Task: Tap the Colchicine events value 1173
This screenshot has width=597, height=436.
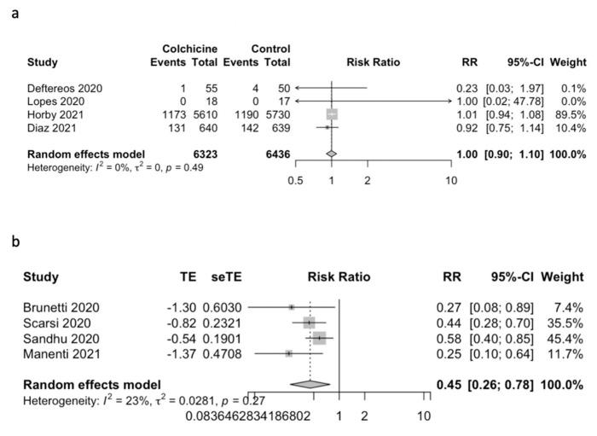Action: (168, 113)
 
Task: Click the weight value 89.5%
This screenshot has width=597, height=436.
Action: (567, 113)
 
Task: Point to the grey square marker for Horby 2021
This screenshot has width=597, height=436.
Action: (332, 113)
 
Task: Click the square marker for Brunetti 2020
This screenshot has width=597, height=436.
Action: (292, 306)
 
